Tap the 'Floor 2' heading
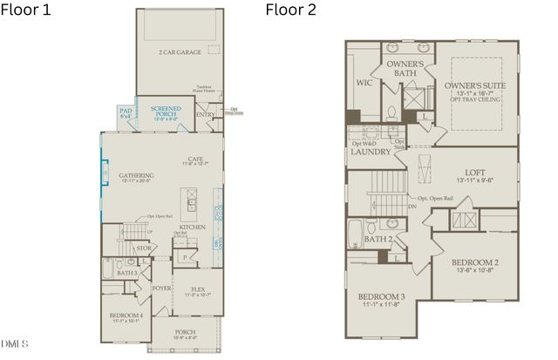(290, 10)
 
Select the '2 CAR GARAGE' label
(180, 52)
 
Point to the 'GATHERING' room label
(137, 175)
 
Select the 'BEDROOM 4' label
(126, 315)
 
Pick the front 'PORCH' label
(185, 331)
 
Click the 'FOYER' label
(162, 288)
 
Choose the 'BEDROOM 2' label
(474, 262)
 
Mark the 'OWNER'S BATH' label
(405, 70)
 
